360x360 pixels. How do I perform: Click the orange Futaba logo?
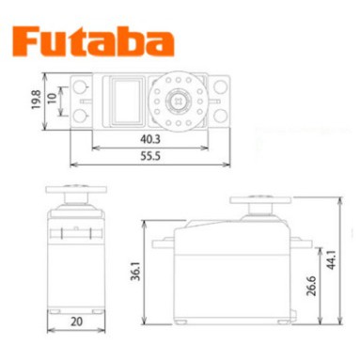[93, 41]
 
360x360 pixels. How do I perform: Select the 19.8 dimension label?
[37, 100]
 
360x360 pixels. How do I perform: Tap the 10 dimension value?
[52, 98]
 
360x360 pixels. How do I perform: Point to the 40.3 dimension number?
[150, 139]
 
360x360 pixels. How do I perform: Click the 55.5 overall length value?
[150, 156]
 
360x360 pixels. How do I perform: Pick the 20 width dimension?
[76, 321]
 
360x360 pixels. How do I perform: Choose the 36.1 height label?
[135, 272]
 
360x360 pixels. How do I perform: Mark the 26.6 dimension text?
[311, 286]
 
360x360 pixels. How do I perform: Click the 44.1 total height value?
[331, 259]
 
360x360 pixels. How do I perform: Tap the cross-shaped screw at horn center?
[179, 102]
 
